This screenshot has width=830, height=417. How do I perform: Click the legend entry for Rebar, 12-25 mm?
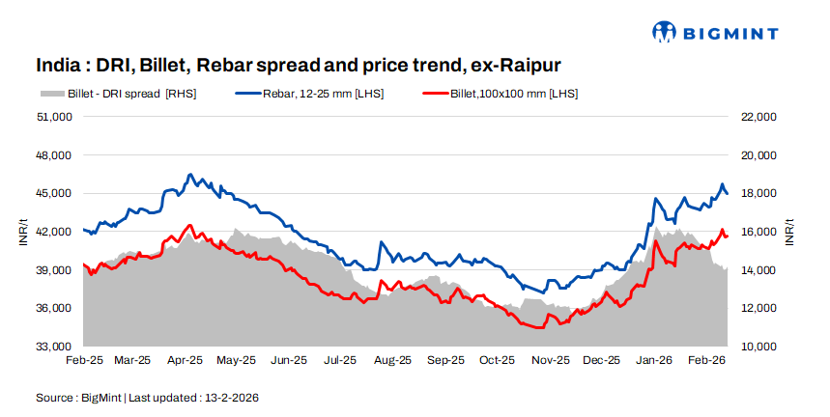pos(309,94)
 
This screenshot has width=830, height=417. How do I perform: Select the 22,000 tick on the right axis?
pos(758,117)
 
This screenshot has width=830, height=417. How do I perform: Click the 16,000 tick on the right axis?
pos(758,232)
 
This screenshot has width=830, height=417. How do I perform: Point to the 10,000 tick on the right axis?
pos(758,347)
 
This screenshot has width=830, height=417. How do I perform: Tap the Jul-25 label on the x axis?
pos(339,360)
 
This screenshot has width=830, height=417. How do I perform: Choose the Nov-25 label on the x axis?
pos(550,360)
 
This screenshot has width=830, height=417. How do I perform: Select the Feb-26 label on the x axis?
pos(706,360)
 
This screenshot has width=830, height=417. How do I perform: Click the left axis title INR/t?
pos(23,232)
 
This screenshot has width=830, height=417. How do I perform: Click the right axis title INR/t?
pos(789,232)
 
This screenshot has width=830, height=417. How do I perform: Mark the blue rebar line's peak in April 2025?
pos(190,175)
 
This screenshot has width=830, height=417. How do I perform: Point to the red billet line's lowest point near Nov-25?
pos(541,328)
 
